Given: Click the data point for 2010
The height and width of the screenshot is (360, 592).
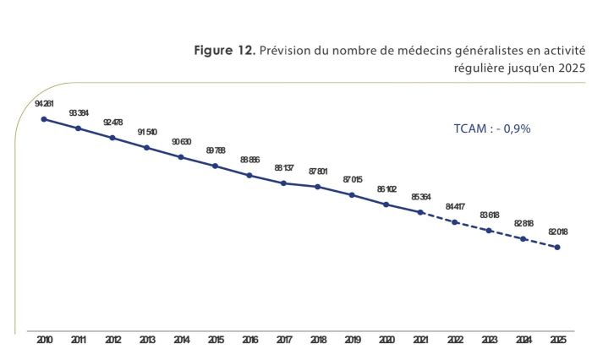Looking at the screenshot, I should pyautogui.click(x=44, y=119).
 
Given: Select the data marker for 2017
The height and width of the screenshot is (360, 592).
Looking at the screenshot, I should pyautogui.click(x=283, y=183).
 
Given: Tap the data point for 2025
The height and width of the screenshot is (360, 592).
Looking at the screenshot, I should pyautogui.click(x=557, y=247).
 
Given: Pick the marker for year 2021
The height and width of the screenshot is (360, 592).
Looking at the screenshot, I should pyautogui.click(x=420, y=212).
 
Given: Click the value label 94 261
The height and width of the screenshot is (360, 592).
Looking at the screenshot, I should pyautogui.click(x=44, y=103).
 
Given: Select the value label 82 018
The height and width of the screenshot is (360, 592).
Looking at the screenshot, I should pyautogui.click(x=557, y=232).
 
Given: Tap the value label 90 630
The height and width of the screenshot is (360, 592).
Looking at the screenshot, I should pyautogui.click(x=181, y=141).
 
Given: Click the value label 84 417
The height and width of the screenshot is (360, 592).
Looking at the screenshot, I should pyautogui.click(x=455, y=206).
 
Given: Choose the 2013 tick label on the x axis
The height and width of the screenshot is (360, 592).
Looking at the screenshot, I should pyautogui.click(x=146, y=341).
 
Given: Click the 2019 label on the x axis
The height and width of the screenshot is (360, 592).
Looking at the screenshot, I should pyautogui.click(x=352, y=341).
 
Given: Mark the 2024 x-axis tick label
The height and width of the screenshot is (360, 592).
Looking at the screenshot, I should pyautogui.click(x=523, y=341).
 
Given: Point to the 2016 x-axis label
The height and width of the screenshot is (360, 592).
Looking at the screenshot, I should pyautogui.click(x=249, y=341).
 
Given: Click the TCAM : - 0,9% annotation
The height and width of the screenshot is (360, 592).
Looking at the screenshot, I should pyautogui.click(x=492, y=128).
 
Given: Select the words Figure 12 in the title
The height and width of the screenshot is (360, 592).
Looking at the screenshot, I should pyautogui.click(x=224, y=51).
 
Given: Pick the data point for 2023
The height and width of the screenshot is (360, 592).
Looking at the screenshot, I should pyautogui.click(x=489, y=230).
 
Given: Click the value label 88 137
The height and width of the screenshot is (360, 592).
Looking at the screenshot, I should pyautogui.click(x=283, y=167).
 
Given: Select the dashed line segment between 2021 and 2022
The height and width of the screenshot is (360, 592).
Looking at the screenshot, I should pyautogui.click(x=438, y=217).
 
